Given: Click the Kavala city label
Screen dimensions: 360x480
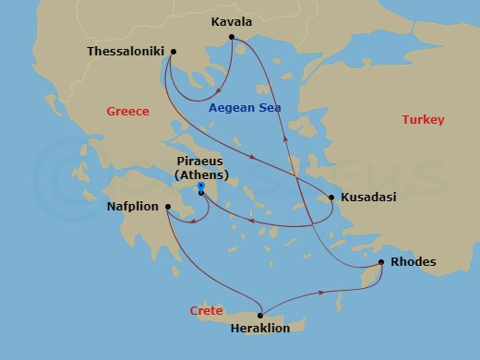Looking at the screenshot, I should (231, 21).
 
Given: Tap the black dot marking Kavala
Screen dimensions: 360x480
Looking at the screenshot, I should (232, 37).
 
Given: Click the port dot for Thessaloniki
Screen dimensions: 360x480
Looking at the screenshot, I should (174, 52).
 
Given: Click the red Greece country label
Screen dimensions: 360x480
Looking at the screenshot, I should (127, 111).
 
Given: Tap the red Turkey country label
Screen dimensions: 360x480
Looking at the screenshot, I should (423, 120).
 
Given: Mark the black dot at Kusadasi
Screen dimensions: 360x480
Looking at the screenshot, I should (331, 197).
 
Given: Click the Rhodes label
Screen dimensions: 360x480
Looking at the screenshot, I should (413, 262).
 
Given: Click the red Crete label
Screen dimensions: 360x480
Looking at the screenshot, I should (206, 310).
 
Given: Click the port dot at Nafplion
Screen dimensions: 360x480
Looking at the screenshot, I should (167, 207).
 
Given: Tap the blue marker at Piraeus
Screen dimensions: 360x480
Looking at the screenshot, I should (200, 186).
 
